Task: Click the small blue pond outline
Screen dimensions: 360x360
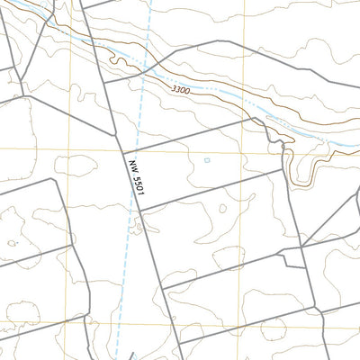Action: point(206,161)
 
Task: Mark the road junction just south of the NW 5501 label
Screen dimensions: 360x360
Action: point(139,210)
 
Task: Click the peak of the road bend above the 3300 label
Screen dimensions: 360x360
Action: point(229,41)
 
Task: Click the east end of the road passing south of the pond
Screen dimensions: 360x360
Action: point(285,171)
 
